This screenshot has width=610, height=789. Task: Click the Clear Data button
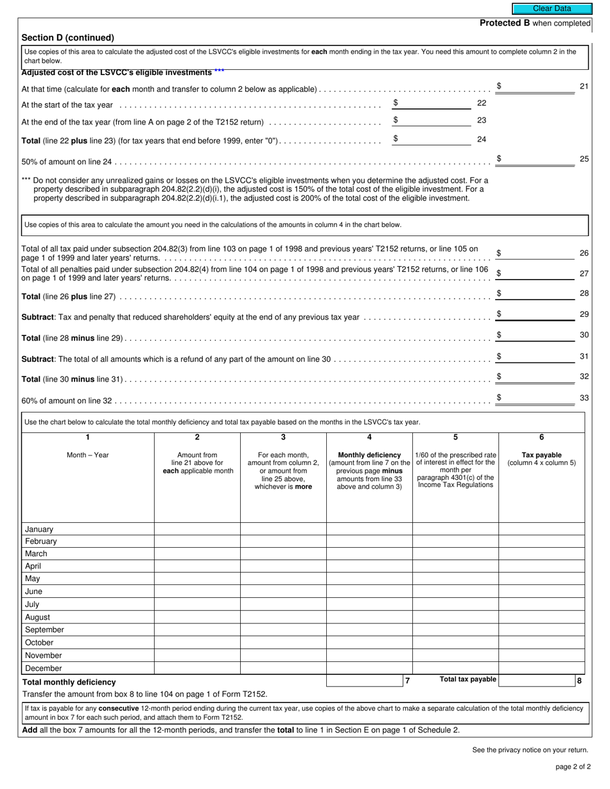tap(552, 9)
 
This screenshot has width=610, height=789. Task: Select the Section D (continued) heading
tap(67, 38)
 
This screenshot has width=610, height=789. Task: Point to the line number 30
tap(584, 335)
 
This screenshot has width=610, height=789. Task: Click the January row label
tap(39, 529)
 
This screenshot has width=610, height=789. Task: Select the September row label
tap(44, 630)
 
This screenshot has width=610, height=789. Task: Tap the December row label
tap(43, 668)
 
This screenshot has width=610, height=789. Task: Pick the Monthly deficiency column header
tap(369, 455)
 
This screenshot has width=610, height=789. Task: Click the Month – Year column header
tap(88, 455)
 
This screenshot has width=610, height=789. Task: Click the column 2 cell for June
tap(197, 591)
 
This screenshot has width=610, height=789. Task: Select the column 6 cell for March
tap(541, 554)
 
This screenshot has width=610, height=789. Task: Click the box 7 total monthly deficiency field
tap(364, 681)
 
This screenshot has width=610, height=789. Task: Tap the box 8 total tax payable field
tap(536, 681)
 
